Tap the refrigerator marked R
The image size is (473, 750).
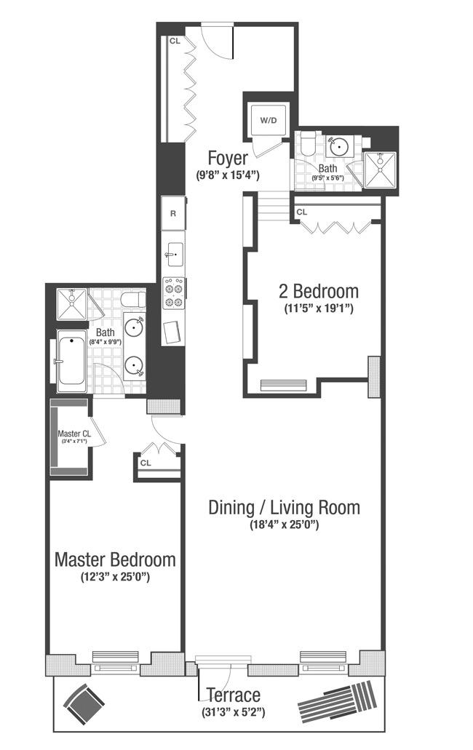pyautogui.click(x=173, y=213)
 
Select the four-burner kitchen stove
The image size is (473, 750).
pyautogui.click(x=174, y=293)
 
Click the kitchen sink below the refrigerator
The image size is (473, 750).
pyautogui.click(x=173, y=255)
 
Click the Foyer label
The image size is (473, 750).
pyautogui.click(x=228, y=158)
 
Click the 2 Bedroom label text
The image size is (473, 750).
pyautogui.click(x=318, y=291)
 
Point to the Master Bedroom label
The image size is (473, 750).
pyautogui.click(x=115, y=559)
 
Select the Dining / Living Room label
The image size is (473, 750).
pyautogui.click(x=284, y=507)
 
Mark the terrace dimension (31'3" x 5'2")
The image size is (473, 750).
pyautogui.click(x=232, y=711)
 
